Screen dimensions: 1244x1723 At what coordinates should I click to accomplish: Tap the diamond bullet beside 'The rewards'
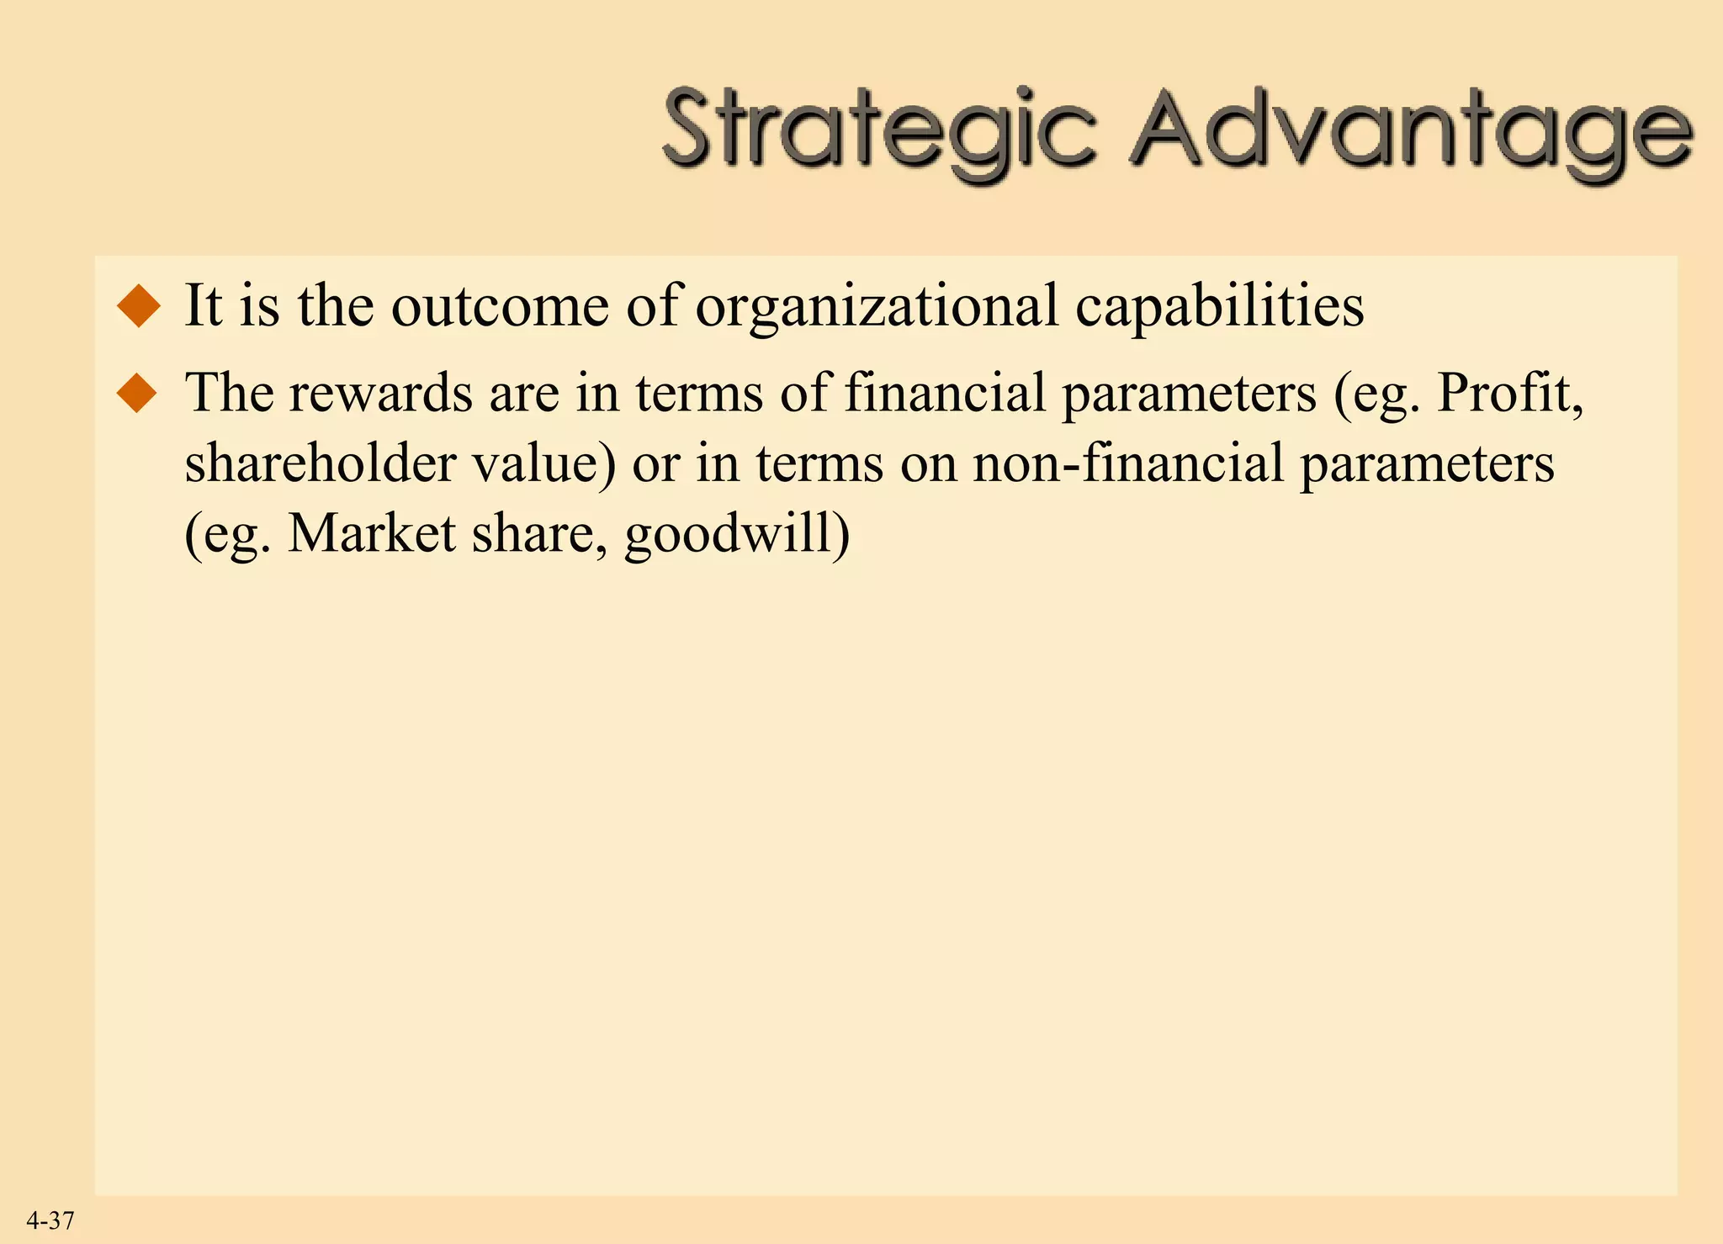click(x=139, y=393)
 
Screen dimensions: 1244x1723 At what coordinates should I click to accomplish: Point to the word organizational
click(x=876, y=307)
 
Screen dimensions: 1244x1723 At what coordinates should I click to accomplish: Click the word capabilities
click(x=1219, y=307)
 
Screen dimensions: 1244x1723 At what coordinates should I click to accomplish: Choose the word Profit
click(x=1509, y=393)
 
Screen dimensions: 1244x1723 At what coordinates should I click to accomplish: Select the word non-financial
click(x=1127, y=463)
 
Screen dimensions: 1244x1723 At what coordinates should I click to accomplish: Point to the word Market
click(x=371, y=534)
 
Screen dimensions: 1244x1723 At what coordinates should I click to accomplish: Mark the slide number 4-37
click(x=50, y=1220)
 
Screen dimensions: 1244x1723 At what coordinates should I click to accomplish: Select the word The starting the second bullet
click(x=228, y=393)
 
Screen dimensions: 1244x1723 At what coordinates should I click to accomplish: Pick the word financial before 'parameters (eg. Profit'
click(x=944, y=393)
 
